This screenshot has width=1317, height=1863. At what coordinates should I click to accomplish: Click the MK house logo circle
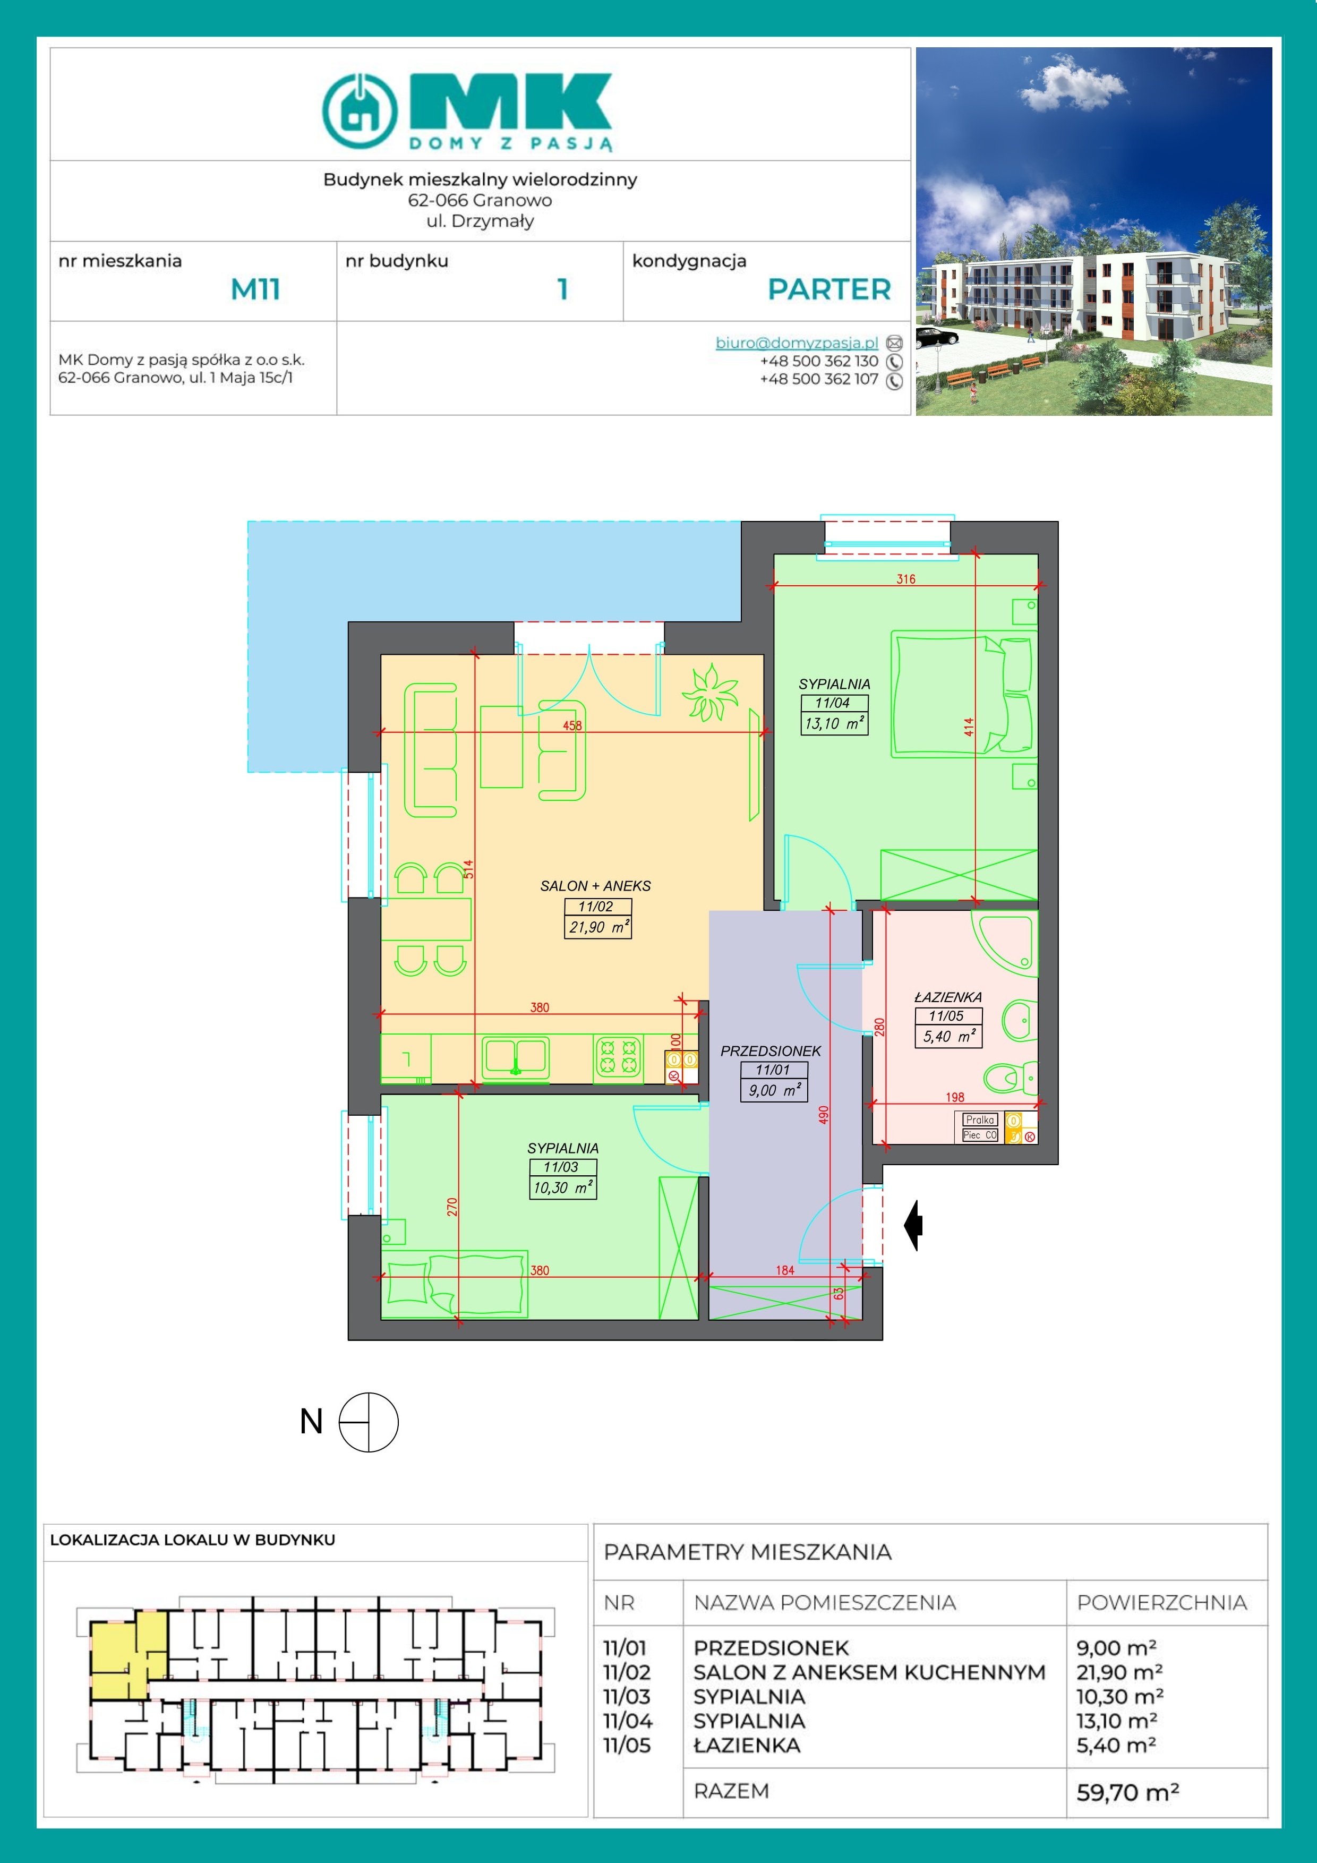pyautogui.click(x=360, y=110)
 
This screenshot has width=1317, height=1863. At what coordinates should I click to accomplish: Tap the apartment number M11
pyautogui.click(x=255, y=289)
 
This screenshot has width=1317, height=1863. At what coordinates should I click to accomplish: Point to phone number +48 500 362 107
pyautogui.click(x=819, y=379)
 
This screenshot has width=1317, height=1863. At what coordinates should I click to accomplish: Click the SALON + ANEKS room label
pyautogui.click(x=596, y=886)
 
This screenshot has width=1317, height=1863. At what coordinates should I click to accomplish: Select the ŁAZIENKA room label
pyautogui.click(x=948, y=996)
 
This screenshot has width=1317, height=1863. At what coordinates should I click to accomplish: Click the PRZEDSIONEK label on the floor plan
pyautogui.click(x=771, y=1051)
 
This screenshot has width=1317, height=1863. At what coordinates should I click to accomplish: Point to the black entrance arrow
pyautogui.click(x=914, y=1225)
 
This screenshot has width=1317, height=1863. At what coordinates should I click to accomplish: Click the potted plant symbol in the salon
pyautogui.click(x=710, y=691)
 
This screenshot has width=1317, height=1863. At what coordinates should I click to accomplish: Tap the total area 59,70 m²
pyautogui.click(x=1127, y=1792)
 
